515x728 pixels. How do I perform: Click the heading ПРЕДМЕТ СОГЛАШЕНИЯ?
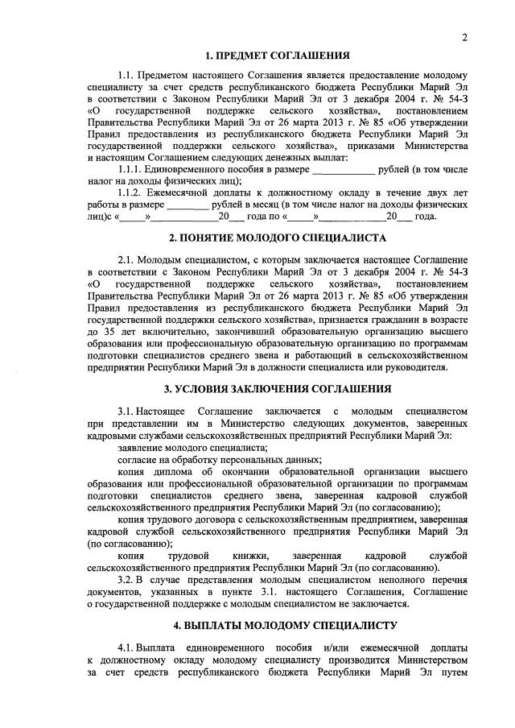pos(277,56)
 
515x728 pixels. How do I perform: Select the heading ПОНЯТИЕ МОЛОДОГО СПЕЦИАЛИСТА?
pos(277,238)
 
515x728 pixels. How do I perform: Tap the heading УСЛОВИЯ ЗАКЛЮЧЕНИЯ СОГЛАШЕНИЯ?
pos(277,389)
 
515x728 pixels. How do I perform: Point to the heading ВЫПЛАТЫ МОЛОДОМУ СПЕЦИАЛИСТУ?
pos(277,625)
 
